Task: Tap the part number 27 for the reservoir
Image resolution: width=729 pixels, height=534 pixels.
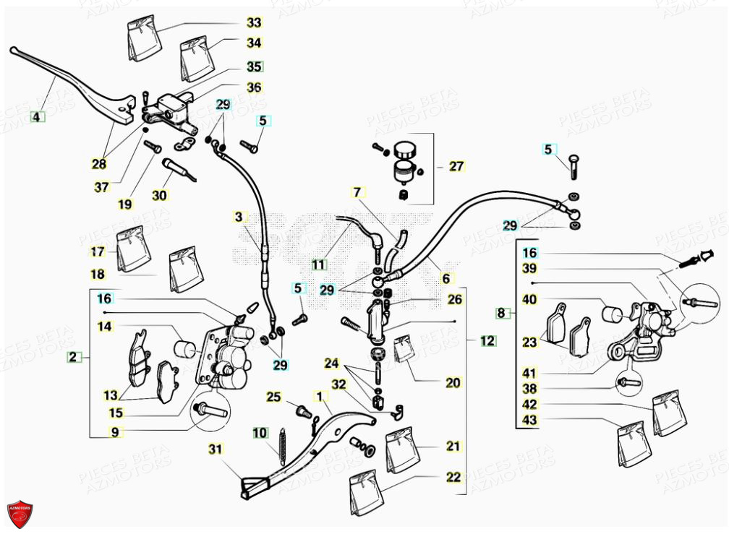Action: tap(456, 166)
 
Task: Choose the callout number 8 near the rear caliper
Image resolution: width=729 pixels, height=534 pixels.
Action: tap(501, 313)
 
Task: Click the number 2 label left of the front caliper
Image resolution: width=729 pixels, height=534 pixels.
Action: tap(73, 356)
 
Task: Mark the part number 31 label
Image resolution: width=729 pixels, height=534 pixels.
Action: tap(216, 449)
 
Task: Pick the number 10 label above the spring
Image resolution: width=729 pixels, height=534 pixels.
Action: tap(259, 434)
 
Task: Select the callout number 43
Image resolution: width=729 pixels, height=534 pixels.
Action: tap(530, 421)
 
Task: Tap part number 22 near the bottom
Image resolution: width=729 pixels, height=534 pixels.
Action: tap(453, 477)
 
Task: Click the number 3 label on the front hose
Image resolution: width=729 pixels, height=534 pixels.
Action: tap(240, 216)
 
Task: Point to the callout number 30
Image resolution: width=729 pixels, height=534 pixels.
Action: tap(160, 195)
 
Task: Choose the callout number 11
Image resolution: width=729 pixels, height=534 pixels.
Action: tap(320, 264)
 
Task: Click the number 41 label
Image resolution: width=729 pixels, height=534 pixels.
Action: tap(530, 373)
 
